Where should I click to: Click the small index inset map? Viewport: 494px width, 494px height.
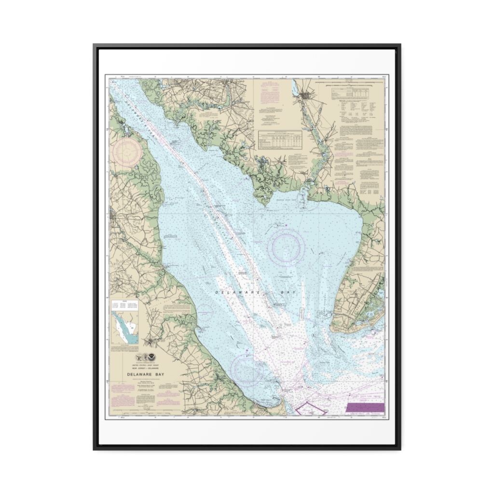click(124, 327)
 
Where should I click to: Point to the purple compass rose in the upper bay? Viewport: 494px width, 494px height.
click(286, 247)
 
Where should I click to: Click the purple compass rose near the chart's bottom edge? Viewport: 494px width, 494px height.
click(247, 370)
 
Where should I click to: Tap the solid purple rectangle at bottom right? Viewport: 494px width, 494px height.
click(366, 408)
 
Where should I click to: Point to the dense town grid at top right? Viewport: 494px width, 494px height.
click(306, 96)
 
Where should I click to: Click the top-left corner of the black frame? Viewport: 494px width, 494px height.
click(95, 45)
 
